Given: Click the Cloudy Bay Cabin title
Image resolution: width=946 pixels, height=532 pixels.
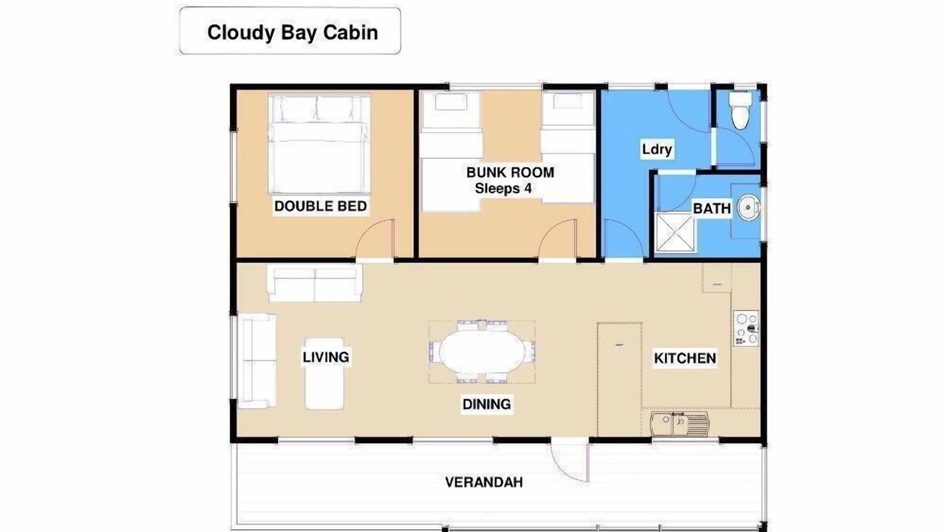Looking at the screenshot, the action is point(292,33).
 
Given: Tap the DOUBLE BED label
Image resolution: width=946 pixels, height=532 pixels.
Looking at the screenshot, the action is point(321,206).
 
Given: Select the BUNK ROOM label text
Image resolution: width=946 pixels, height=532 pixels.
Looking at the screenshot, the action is point(510,172).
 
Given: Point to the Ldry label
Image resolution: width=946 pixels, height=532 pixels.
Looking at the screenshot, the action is point(657,149).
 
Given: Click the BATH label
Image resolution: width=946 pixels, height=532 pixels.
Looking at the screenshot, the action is point(712,208).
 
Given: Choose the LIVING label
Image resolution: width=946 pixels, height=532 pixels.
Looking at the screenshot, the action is point(326,357).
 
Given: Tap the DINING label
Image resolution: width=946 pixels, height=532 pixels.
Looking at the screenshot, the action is point(486,404).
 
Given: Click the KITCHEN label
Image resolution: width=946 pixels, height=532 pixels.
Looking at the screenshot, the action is point(685,358).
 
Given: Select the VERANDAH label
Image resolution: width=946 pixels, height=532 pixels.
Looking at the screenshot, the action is point(484,482).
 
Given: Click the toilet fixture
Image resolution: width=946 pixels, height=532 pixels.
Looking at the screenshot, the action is point(741,111).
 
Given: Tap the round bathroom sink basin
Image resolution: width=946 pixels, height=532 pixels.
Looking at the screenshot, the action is point(749,208).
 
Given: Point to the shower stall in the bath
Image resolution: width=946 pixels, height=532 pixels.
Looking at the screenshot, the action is point(675,232).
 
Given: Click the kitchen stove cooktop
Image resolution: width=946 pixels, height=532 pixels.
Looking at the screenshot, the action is point(746,329).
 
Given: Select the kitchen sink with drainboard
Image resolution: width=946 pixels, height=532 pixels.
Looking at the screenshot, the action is point(680,424).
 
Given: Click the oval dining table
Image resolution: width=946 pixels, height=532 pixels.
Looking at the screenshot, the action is point(482,351).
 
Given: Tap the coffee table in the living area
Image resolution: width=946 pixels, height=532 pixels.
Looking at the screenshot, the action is point(324,373).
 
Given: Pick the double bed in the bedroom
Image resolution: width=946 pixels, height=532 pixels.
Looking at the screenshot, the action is point(319,144).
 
